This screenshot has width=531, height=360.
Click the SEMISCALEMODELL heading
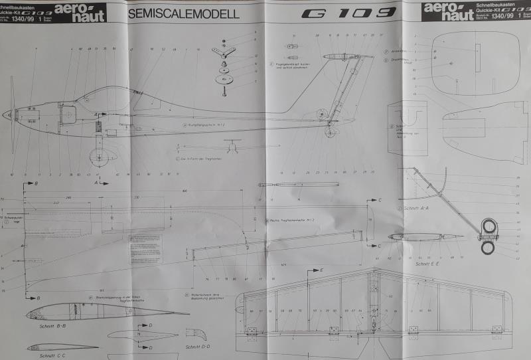click(183, 13)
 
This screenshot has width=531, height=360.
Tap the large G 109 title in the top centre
click(349, 13)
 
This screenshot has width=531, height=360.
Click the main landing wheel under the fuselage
click(100, 158)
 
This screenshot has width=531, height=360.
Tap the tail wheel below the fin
click(330, 132)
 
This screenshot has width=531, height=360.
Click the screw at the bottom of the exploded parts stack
click(224, 91)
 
